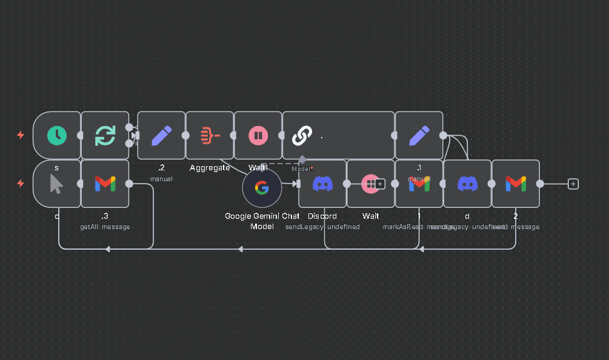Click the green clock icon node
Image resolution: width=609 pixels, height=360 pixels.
click(x=57, y=135)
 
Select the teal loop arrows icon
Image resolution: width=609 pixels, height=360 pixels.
click(x=105, y=135)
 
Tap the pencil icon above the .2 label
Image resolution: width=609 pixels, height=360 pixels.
click(x=161, y=135)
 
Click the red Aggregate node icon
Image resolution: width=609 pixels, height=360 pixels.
click(x=210, y=135)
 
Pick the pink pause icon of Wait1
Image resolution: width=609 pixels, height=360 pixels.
click(x=258, y=135)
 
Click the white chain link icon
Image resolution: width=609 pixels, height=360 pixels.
click(x=302, y=136)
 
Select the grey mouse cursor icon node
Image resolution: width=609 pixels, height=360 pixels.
click(x=56, y=183)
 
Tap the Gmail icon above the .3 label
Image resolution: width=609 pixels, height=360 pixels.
click(x=105, y=183)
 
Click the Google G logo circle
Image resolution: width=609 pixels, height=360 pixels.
click(x=262, y=188)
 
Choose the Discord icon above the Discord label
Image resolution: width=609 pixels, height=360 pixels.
click(x=322, y=183)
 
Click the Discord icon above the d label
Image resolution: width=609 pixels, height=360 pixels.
click(x=467, y=183)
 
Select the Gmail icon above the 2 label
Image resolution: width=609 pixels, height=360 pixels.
click(x=516, y=183)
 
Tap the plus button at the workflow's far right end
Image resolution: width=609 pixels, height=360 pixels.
click(x=573, y=184)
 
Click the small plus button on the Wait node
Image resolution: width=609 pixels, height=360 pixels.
click(x=380, y=184)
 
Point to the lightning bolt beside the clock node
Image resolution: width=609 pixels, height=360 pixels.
click(x=21, y=135)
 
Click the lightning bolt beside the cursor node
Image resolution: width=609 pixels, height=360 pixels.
click(x=21, y=183)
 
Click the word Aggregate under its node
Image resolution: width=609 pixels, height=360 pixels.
click(x=210, y=167)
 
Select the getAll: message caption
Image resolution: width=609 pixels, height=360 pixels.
click(x=105, y=227)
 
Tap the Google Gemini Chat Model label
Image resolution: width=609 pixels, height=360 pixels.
click(x=262, y=221)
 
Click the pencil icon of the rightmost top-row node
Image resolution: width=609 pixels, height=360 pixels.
click(x=419, y=135)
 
